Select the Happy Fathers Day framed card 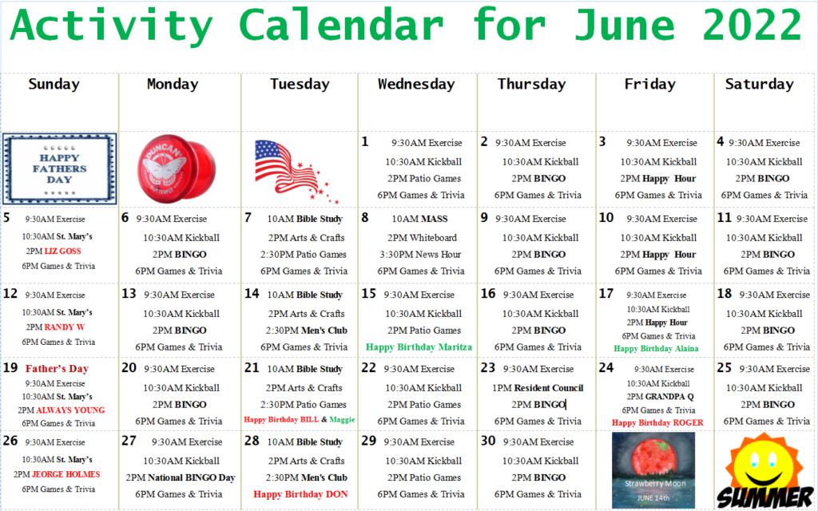59,169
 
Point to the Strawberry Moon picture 653,469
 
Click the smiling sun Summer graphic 764,471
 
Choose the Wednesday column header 416,84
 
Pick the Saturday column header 759,84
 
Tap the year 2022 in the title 752,25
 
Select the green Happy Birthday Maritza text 419,347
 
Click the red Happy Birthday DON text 300,494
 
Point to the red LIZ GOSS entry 62,252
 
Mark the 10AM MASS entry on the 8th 419,219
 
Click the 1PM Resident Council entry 538,388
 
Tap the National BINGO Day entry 181,477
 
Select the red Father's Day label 57,369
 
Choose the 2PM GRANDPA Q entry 660,397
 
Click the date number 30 488,441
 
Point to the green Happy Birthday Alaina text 656,349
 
